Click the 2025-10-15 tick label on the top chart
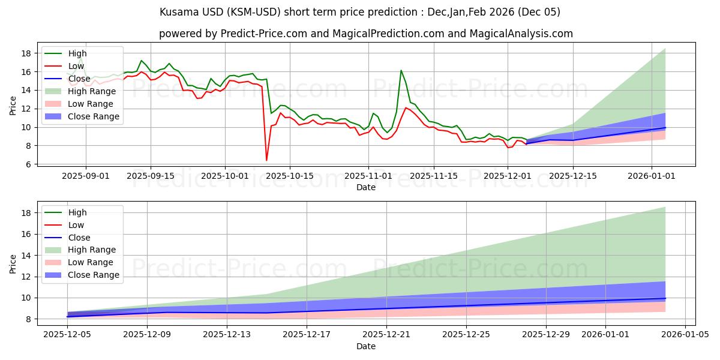[x=290, y=176]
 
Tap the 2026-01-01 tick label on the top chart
[x=652, y=176]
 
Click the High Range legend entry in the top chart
[x=92, y=91]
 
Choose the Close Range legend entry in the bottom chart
[x=94, y=275]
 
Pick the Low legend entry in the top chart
[x=76, y=66]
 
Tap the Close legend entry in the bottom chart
[x=79, y=238]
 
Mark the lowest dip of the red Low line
[x=266, y=160]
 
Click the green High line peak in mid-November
[x=401, y=71]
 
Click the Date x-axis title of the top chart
[x=365, y=187]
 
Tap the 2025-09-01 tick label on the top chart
[x=86, y=176]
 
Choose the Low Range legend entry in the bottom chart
[x=91, y=262]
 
